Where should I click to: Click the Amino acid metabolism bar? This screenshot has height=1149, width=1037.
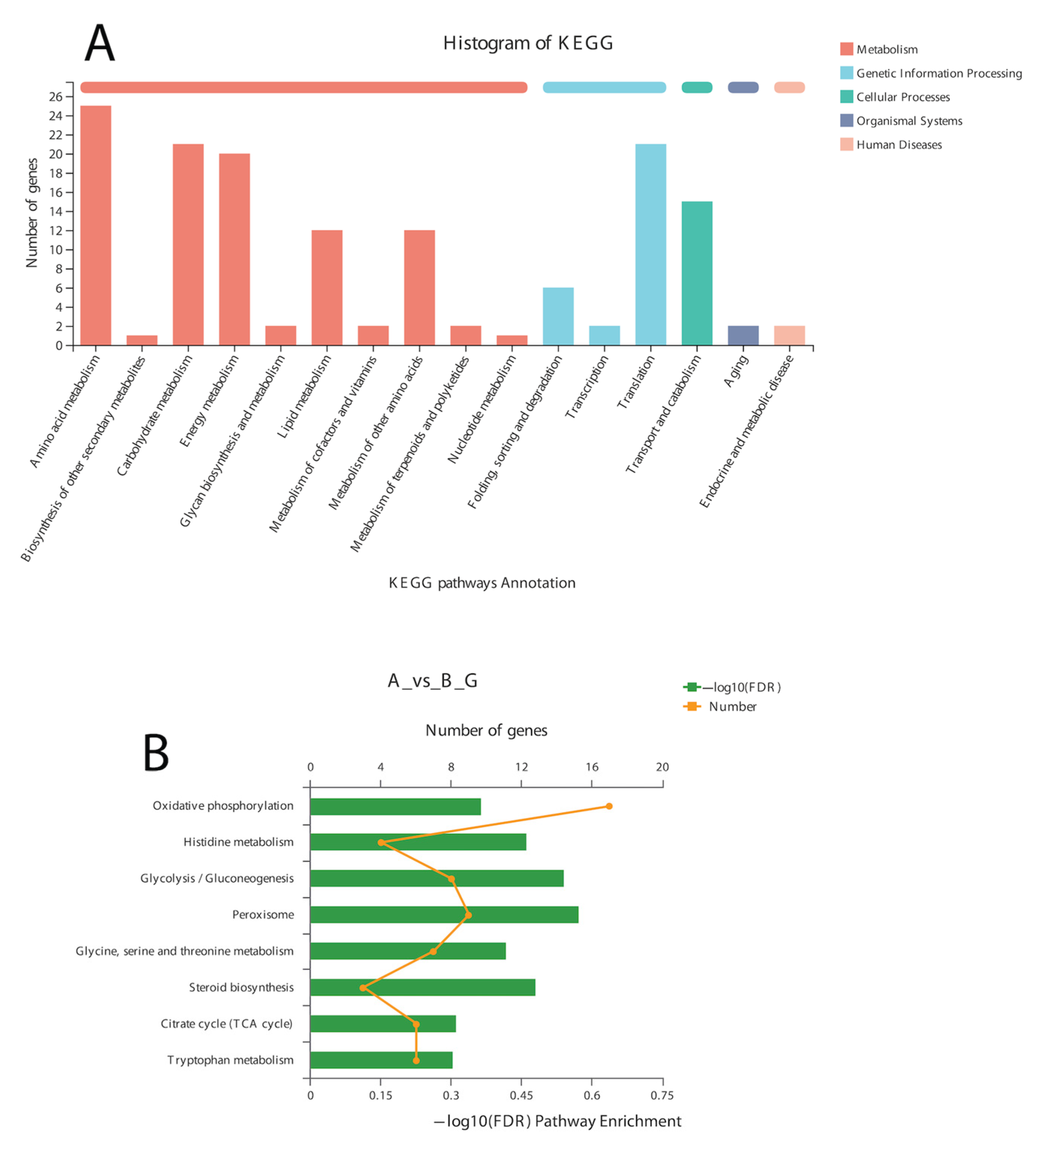(96, 225)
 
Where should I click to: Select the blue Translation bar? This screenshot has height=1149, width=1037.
(651, 245)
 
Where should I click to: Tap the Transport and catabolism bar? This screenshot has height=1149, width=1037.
(697, 273)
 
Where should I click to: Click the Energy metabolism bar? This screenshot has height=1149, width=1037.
(234, 249)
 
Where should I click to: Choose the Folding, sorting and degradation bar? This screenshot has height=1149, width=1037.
(558, 316)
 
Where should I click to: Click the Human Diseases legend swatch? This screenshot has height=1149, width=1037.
(846, 144)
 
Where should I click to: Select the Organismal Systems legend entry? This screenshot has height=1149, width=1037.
(909, 121)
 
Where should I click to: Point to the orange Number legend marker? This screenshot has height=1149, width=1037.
(692, 706)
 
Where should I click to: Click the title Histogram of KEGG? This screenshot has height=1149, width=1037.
(528, 43)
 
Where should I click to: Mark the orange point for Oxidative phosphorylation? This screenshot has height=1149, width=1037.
(609, 806)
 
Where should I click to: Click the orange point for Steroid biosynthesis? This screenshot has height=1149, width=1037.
(363, 988)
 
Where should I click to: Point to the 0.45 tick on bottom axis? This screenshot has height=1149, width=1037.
(521, 1095)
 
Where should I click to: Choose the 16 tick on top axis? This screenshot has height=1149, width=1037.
(592, 767)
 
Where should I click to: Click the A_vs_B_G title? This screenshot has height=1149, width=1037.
(432, 680)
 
